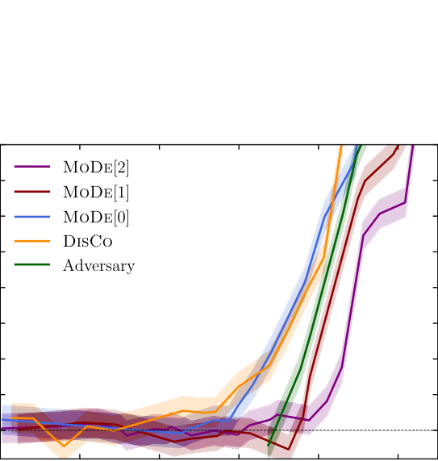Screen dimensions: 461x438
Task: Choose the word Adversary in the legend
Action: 98,265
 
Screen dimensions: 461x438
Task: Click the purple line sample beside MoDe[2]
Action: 32,168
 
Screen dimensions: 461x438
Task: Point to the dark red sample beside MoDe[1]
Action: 32,192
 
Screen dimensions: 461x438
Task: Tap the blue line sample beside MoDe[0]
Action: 32,216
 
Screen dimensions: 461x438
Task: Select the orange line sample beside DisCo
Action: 32,241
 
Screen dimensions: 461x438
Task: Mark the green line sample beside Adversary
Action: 32,265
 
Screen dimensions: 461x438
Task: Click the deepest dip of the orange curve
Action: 64,446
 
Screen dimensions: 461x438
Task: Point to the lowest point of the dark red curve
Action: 289,449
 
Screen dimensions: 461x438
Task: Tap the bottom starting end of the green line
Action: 269,445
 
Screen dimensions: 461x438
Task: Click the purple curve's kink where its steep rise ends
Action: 364,235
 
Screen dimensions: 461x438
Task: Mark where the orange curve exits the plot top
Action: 342,146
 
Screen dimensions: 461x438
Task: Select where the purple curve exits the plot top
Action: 413,146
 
